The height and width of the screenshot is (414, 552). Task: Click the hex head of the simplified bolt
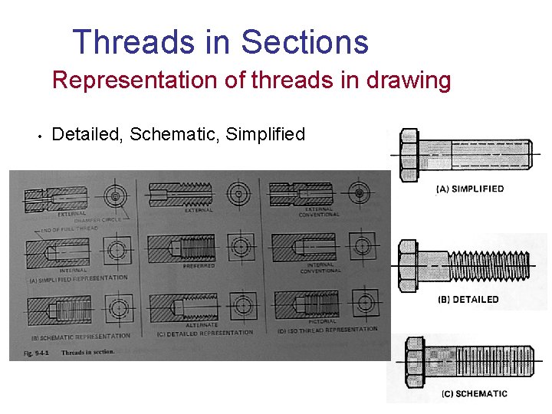408,153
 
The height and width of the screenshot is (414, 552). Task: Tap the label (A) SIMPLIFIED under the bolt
469,189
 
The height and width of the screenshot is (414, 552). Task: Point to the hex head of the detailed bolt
407,264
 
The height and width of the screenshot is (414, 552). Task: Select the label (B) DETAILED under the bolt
468,300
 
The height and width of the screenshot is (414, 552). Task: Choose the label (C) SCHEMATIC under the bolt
474,394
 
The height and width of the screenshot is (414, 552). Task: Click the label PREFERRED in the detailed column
198,266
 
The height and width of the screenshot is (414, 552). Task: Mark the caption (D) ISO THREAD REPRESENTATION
327,330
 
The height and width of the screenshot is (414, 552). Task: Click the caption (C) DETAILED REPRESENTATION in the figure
204,333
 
